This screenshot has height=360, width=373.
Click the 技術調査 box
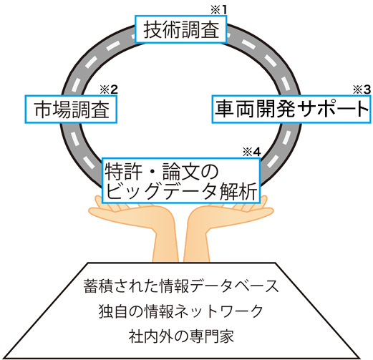(180, 29)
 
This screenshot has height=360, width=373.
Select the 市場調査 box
(71, 110)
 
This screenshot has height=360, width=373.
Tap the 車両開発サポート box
(291, 110)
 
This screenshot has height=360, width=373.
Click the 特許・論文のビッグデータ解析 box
(181, 180)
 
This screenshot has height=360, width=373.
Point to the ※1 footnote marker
(218, 10)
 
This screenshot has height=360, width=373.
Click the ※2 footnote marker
(109, 89)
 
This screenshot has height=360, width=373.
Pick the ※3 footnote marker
(362, 89)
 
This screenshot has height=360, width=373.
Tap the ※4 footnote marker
(252, 152)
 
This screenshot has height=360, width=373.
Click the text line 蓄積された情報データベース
(181, 286)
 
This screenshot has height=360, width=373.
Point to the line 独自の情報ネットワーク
(180, 311)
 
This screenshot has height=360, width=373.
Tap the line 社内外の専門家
(181, 336)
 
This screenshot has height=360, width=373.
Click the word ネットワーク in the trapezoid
(220, 311)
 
